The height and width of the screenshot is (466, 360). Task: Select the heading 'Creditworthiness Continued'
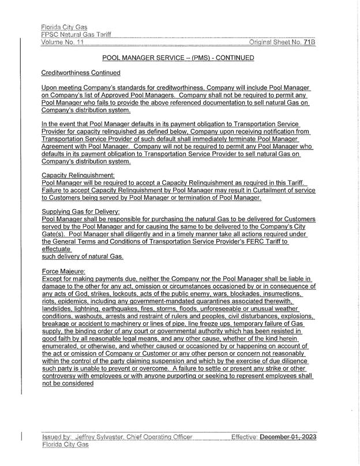pos(81,73)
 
